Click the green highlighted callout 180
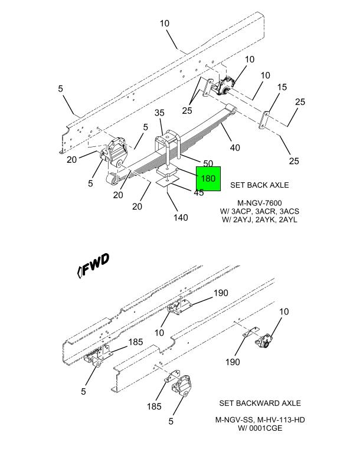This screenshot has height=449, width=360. (x=208, y=179)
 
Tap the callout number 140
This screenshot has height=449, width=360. (x=181, y=218)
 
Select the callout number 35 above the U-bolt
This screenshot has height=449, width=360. (x=159, y=113)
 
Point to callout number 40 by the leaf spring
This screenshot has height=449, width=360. (x=235, y=148)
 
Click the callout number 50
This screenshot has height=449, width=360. (x=208, y=163)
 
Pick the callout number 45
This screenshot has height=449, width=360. (x=199, y=193)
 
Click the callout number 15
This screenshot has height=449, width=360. (x=282, y=87)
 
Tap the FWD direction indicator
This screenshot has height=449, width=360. (x=93, y=265)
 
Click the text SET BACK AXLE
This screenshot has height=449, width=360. (x=260, y=185)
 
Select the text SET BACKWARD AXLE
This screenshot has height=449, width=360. (x=260, y=403)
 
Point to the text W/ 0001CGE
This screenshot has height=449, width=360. (x=260, y=428)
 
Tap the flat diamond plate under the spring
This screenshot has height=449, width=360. (x=167, y=182)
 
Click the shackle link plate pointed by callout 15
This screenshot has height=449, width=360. (x=264, y=120)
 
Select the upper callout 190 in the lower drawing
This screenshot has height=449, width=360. (x=221, y=293)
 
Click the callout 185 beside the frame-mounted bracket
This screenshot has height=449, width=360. (x=136, y=342)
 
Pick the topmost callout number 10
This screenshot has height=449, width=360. (x=165, y=24)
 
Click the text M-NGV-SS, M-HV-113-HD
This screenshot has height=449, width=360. (x=260, y=419)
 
